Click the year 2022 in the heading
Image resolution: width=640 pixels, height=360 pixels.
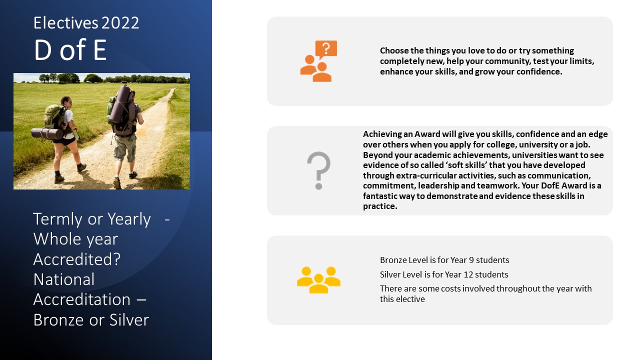click(120, 23)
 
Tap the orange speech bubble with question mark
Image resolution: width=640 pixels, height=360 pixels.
click(326, 49)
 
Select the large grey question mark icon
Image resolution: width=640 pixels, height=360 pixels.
click(319, 170)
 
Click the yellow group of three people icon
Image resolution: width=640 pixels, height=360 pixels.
click(318, 279)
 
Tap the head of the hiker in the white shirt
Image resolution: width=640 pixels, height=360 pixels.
click(65, 101)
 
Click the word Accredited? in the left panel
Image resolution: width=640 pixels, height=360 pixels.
click(77, 259)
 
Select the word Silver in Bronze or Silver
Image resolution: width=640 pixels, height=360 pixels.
click(129, 319)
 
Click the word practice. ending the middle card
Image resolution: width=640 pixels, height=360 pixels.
click(380, 206)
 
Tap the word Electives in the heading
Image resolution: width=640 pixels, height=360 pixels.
click(65, 22)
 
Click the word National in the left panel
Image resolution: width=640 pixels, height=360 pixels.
click(63, 279)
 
